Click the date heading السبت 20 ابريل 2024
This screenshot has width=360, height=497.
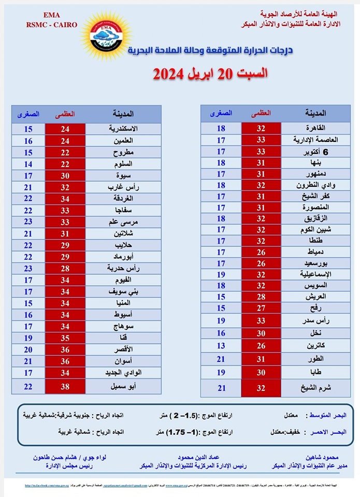point(210,73)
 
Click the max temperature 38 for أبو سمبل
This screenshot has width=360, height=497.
point(65,386)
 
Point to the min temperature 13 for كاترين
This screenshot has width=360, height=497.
point(221,345)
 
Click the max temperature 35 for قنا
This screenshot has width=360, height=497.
point(65,338)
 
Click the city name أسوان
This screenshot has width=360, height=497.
point(125,361)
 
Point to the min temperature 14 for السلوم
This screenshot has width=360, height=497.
point(28,164)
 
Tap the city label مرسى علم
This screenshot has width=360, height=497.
point(123,222)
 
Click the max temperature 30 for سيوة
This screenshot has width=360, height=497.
point(65,176)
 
